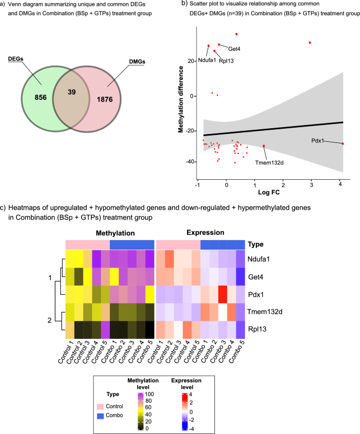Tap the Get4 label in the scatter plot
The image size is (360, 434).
(234, 49)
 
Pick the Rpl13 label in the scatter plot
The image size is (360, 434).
(227, 60)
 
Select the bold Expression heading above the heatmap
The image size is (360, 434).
(202, 231)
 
